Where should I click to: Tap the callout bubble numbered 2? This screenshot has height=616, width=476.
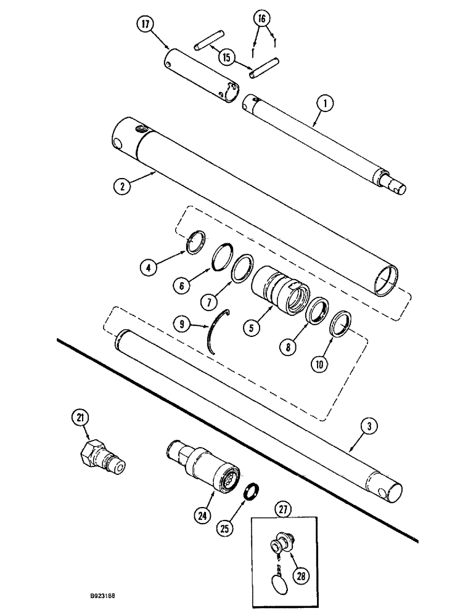coord(124,184)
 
